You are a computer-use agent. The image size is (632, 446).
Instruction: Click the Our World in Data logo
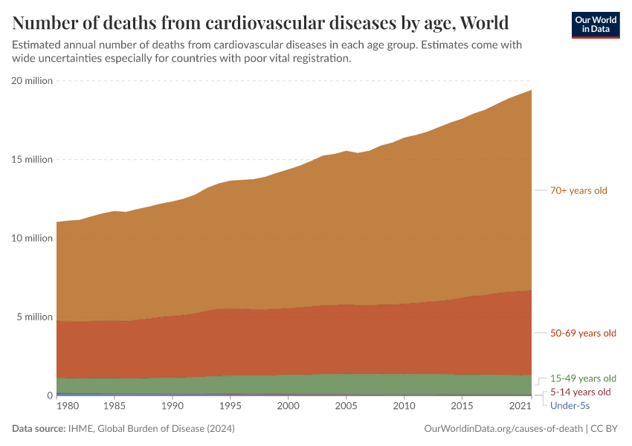596,25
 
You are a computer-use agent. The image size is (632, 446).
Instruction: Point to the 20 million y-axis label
32,81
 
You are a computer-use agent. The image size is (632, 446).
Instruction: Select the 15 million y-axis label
32,160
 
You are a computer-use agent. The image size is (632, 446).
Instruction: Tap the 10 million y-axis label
32,239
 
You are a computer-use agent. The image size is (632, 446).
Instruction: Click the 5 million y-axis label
34,317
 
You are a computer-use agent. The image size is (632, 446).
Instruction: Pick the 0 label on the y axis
50,396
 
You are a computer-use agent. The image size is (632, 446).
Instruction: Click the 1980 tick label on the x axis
67,407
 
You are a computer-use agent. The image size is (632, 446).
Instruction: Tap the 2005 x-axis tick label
345,407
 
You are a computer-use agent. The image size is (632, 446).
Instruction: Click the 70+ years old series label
578,190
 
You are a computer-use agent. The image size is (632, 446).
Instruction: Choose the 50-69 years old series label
583,333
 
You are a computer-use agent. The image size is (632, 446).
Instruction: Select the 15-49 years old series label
583,378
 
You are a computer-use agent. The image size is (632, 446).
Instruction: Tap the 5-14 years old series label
580,392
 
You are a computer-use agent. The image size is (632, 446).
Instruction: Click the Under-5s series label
570,405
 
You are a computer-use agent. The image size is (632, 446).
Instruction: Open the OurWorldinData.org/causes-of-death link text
503,429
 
